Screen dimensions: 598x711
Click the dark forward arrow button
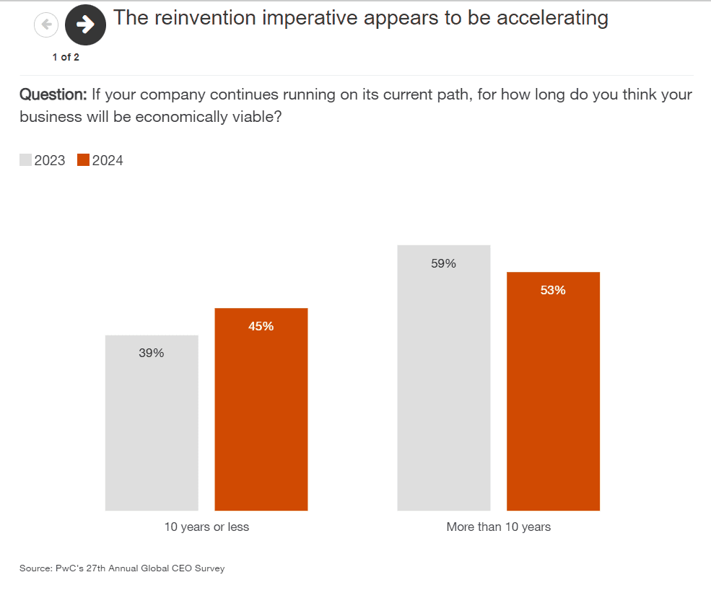tap(85, 25)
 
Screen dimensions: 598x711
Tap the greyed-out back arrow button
tap(46, 25)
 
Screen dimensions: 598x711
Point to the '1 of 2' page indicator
tap(66, 58)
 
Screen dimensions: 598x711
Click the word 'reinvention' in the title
tap(206, 18)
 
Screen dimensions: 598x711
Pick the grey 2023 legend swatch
tap(25, 160)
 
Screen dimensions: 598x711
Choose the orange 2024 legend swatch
tap(83, 160)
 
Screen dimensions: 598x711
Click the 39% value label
tap(152, 353)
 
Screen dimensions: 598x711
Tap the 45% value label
tap(261, 326)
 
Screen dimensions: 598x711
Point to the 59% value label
tap(443, 263)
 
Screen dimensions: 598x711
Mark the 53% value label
tap(553, 291)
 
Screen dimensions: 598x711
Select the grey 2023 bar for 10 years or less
tap(152, 433)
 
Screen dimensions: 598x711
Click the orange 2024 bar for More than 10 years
tap(553, 404)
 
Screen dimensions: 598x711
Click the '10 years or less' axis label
tap(206, 527)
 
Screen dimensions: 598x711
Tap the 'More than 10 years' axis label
tap(498, 527)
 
